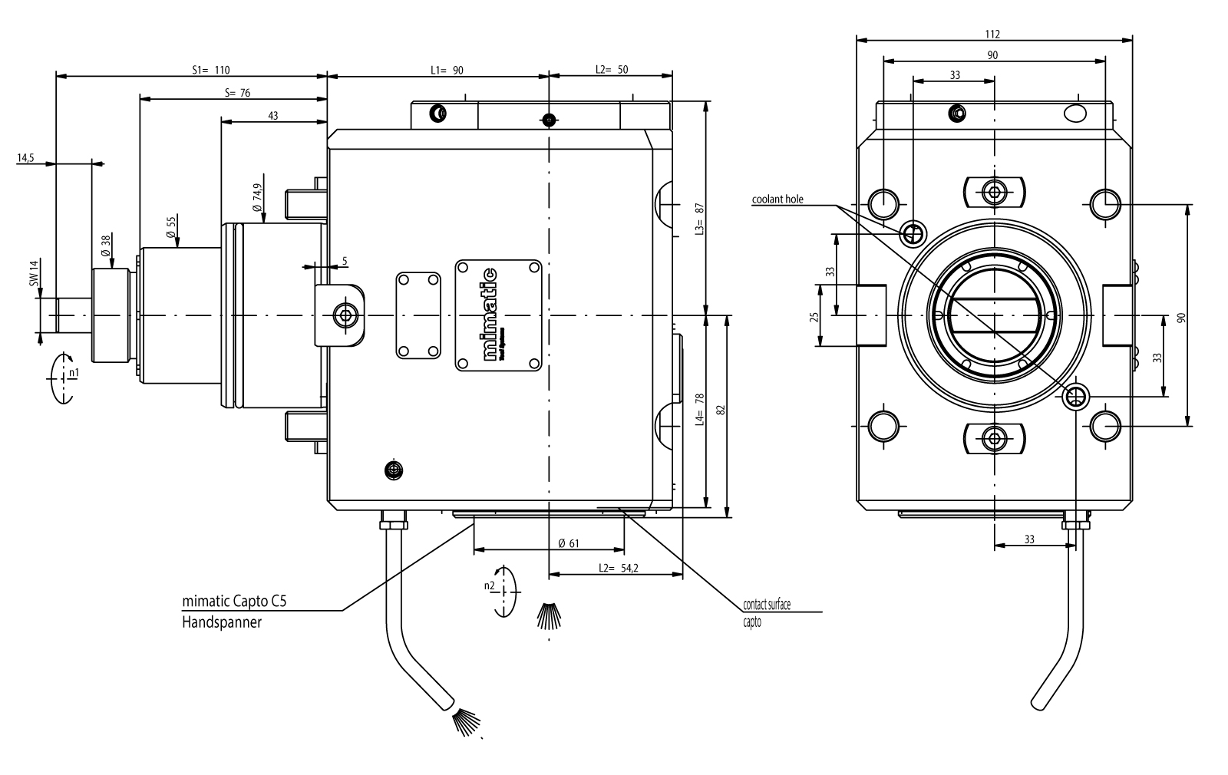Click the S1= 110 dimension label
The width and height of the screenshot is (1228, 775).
(210, 70)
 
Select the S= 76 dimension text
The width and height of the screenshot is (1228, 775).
(237, 93)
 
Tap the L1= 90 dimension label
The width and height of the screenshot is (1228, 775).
(447, 70)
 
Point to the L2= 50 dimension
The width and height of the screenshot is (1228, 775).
(612, 70)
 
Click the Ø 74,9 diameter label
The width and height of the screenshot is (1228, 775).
(257, 197)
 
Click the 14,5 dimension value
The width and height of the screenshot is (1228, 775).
(25, 158)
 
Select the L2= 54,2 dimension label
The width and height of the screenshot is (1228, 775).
(619, 568)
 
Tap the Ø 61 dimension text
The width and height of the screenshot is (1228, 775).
(569, 543)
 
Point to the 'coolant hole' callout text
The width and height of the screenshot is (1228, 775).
(777, 200)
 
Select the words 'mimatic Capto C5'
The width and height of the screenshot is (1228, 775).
(234, 602)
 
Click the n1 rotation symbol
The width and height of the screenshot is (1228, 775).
(61, 376)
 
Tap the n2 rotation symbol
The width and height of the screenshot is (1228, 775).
(503, 591)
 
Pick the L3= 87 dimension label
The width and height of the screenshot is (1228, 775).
(698, 219)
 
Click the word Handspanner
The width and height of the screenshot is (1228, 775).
(222, 622)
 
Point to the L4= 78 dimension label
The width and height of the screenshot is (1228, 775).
(699, 410)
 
